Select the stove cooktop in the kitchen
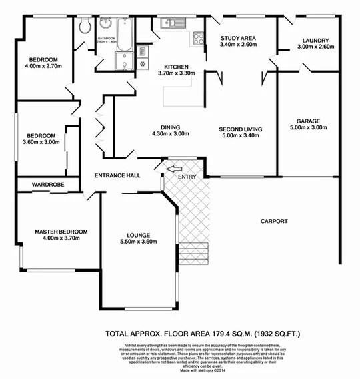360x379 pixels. click(197, 37)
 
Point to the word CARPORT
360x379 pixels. click(274, 221)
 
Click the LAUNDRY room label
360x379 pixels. click(313, 40)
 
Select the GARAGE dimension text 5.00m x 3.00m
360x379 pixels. click(305, 128)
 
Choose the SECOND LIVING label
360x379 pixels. click(241, 127)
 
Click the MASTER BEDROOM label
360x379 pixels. click(61, 231)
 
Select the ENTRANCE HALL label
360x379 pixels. click(117, 175)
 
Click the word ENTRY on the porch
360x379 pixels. click(187, 177)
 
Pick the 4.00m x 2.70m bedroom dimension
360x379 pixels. click(43, 66)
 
